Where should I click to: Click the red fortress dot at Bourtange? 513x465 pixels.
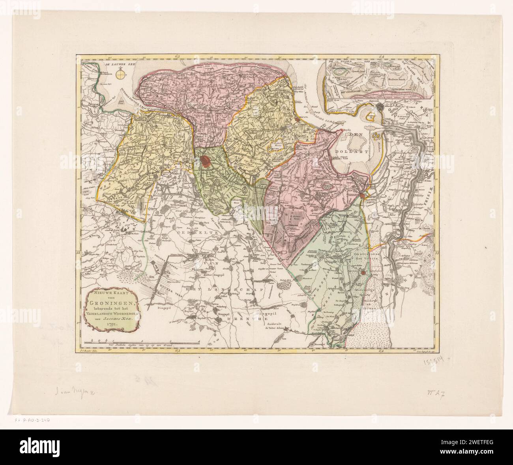click(362, 273)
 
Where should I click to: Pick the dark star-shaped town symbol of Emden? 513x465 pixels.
click(380, 107)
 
